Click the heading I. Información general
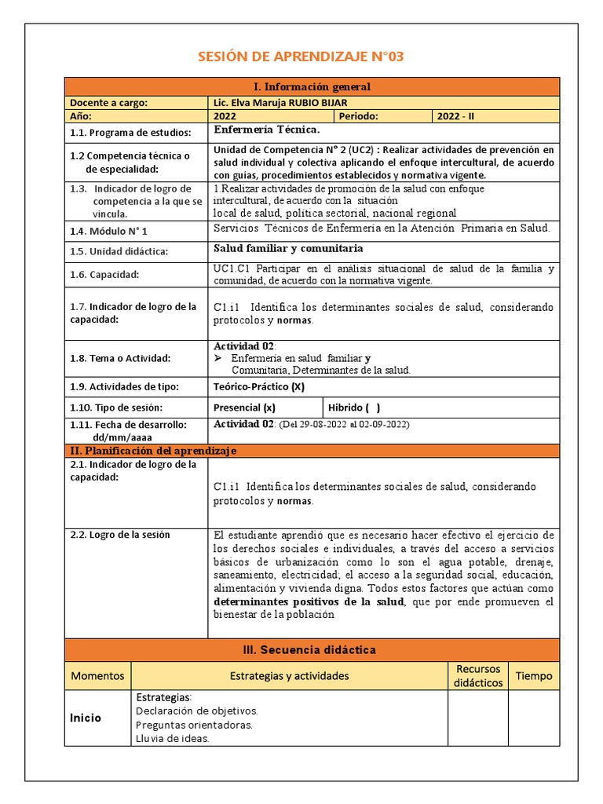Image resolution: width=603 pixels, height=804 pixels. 312,86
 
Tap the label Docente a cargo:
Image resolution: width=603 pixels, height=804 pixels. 108,102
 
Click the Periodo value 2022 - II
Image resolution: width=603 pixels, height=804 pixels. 455,116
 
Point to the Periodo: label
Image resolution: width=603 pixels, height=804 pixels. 359,116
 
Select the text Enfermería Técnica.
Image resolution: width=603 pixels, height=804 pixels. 266,130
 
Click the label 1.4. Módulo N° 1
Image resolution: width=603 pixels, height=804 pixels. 108,231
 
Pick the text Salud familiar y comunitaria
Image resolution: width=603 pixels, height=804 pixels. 288,249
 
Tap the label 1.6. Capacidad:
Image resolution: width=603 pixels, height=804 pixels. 104,274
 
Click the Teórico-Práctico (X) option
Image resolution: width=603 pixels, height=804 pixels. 258,386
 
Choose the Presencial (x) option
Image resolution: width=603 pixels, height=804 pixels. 244,407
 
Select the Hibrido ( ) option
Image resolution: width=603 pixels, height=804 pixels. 354,407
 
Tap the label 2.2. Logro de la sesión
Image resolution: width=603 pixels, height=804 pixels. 119,535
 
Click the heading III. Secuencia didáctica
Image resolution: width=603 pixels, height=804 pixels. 312,650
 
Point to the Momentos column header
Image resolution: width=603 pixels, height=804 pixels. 97,675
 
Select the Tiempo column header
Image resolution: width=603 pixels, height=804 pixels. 533,675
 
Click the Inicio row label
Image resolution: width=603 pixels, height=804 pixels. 86,717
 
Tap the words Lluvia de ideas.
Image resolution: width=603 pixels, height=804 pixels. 172,738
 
